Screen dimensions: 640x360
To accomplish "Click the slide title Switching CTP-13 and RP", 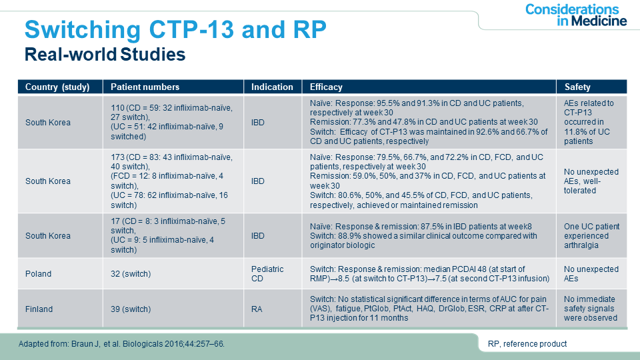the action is pos(175,29).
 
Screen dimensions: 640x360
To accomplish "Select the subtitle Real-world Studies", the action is pos(105,54).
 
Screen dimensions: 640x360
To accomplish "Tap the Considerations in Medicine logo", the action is pos(576,15).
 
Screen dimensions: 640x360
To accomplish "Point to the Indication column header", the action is pos(272,87).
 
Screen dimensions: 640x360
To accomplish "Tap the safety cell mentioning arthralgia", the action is pos(591,235).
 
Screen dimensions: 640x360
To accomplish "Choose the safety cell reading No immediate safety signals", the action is pos(591,309).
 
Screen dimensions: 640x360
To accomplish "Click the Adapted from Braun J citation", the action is pos(121,344).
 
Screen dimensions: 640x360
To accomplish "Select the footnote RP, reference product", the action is pos(527,344).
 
